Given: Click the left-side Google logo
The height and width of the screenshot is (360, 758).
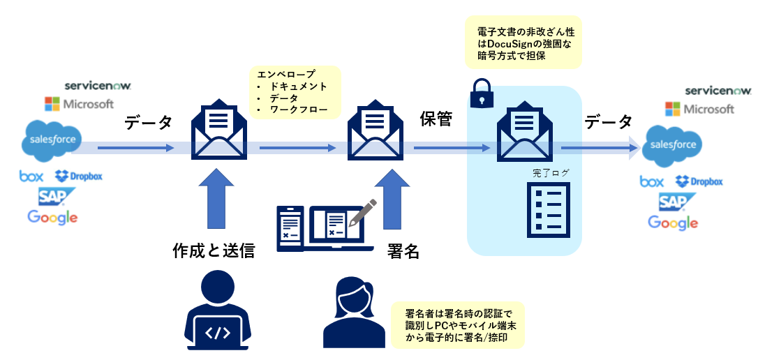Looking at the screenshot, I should pyautogui.click(x=52, y=217).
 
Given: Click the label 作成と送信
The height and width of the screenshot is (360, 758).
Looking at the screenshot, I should pyautogui.click(x=213, y=251).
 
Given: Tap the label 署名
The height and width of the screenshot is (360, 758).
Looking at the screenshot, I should pyautogui.click(x=403, y=251).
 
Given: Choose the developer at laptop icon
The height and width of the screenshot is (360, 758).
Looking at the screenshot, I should pyautogui.click(x=216, y=310).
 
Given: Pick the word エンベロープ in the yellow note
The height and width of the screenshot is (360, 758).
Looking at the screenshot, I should pyautogui.click(x=286, y=73).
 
